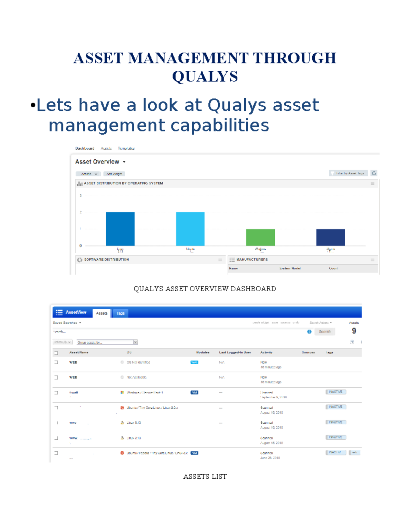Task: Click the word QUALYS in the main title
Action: tap(205, 77)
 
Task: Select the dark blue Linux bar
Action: tap(120, 229)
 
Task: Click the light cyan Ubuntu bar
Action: tap(190, 229)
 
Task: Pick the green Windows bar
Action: tap(260, 237)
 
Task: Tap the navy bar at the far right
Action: tap(330, 237)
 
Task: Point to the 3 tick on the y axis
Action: tap(81, 196)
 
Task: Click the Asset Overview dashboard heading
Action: tap(97, 162)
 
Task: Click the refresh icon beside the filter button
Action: tap(374, 173)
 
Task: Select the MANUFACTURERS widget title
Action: tap(252, 260)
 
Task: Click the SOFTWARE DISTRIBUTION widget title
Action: tap(107, 260)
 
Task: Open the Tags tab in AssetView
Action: tap(121, 313)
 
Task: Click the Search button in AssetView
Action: tap(325, 331)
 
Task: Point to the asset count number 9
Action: tap(354, 331)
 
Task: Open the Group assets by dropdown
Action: tap(107, 342)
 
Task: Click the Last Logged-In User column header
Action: tap(235, 352)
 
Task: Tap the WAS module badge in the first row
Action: tap(194, 362)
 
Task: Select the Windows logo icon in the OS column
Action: tap(122, 393)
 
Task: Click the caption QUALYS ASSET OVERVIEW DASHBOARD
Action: tap(205, 289)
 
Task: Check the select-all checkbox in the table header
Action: tap(56, 353)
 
